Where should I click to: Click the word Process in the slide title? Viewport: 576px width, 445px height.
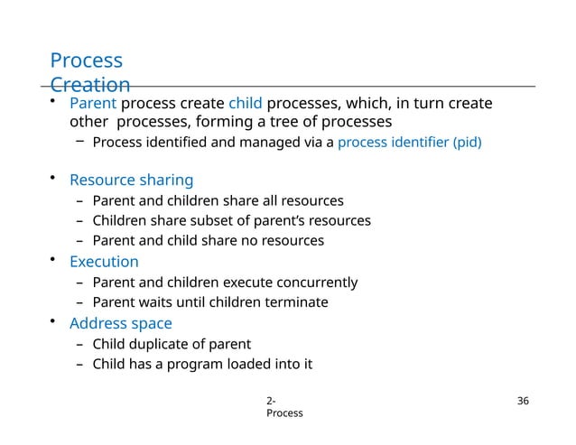click(86, 61)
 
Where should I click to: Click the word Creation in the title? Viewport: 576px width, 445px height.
click(90, 86)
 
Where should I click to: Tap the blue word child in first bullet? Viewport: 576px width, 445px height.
click(245, 104)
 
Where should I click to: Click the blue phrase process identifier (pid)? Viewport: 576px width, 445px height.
click(409, 143)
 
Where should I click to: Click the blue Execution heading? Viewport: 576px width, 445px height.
click(104, 262)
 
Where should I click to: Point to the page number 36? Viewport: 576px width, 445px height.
click(520, 401)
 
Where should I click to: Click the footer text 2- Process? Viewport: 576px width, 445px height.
click(283, 407)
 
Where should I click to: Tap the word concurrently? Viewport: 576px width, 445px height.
click(315, 283)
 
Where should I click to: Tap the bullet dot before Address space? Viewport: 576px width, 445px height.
click(54, 321)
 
